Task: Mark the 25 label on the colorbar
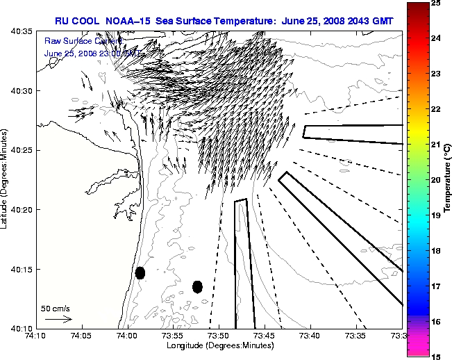click(436, 3)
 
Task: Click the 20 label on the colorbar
click(436, 180)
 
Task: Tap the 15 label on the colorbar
click(436, 356)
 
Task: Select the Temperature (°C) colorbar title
click(448, 179)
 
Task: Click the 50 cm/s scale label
click(56, 308)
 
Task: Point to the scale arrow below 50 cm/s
click(58, 319)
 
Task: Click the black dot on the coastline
click(140, 272)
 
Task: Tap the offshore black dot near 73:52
click(197, 286)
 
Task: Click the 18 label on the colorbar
click(436, 250)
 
